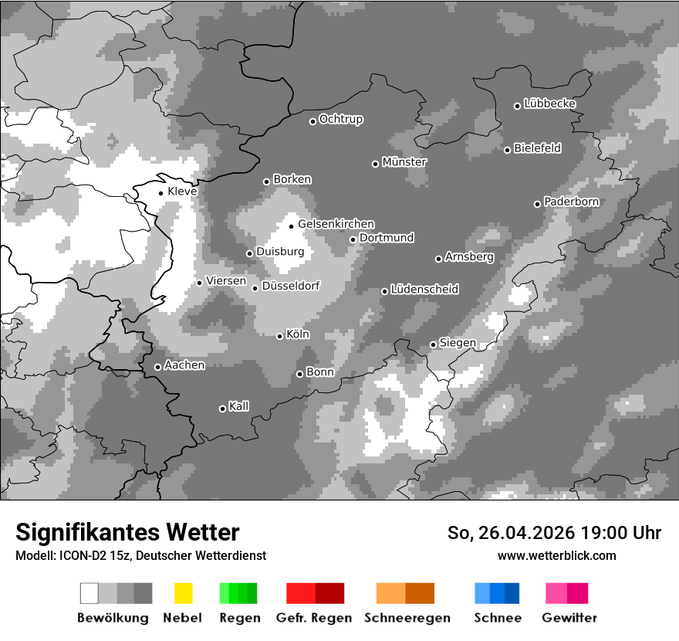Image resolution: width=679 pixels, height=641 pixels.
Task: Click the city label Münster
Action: click(404, 162)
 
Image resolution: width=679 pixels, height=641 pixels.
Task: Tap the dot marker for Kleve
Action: click(160, 193)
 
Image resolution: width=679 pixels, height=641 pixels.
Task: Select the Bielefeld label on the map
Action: click(537, 148)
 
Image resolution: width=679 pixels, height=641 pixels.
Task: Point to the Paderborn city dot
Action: click(537, 204)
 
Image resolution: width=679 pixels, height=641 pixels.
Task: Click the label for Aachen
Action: click(184, 365)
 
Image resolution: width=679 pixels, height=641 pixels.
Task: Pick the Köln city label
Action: click(298, 334)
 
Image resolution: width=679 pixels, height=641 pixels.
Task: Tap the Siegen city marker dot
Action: click(433, 344)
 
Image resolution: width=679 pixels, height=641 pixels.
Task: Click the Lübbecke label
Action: click(549, 103)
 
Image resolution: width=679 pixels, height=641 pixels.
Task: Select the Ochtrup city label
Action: click(340, 120)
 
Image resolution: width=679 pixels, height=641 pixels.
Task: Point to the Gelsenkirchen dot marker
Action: click(291, 226)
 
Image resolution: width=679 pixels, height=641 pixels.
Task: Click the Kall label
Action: click(239, 406)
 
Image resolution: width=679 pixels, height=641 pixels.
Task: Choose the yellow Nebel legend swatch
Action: click(183, 593)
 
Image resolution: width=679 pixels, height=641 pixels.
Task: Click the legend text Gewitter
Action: click(569, 618)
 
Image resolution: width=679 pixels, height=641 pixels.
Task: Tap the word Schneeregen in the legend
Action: click(405, 618)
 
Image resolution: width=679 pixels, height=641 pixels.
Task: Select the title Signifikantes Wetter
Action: click(127, 532)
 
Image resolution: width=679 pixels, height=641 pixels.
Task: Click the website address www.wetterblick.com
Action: click(556, 555)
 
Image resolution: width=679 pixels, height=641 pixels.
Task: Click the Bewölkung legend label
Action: click(113, 618)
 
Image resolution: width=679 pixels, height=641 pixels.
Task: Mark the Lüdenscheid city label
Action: click(424, 290)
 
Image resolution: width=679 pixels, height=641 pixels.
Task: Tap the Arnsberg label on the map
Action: click(469, 257)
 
